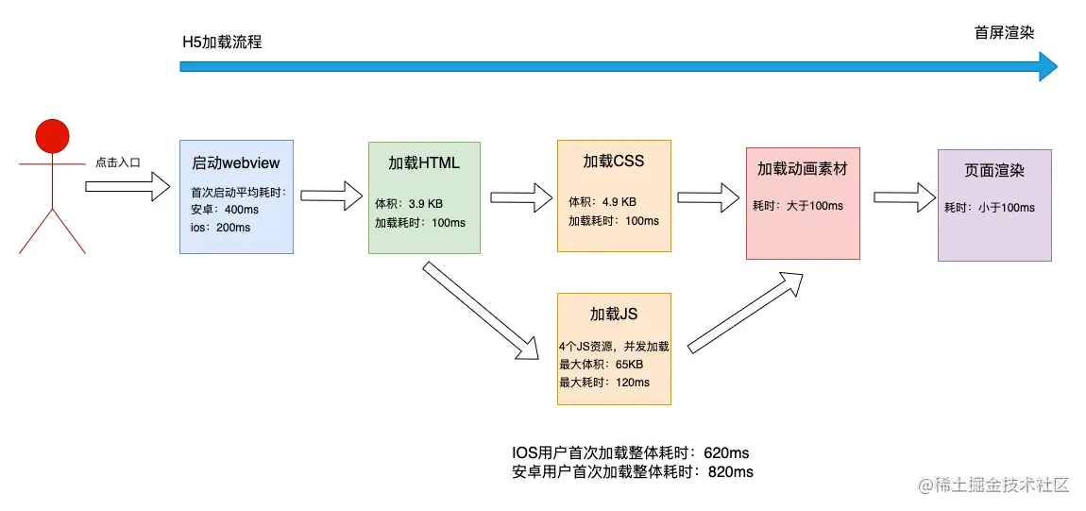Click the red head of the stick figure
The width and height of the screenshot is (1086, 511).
tap(52, 136)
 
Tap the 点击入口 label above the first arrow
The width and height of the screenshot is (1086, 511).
tap(118, 162)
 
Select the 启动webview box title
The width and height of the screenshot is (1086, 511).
tap(236, 162)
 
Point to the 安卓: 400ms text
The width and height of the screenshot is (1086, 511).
tap(225, 210)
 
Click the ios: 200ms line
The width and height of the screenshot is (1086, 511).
tap(220, 228)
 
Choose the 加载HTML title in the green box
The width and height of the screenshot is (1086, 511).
tap(424, 162)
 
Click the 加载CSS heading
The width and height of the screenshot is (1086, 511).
tap(614, 161)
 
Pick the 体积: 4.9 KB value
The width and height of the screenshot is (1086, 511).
tap(602, 202)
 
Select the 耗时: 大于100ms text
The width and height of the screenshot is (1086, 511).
tap(798, 206)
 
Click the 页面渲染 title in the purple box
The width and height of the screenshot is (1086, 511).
tap(994, 171)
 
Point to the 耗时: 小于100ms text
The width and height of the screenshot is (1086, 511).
tap(990, 208)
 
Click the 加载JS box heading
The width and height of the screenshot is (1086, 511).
tap(614, 315)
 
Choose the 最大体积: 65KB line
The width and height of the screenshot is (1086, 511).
tap(601, 365)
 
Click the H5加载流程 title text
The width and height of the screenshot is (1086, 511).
tap(222, 43)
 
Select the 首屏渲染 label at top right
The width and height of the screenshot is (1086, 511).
tap(1004, 33)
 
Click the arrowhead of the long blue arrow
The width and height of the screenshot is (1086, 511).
tap(1047, 66)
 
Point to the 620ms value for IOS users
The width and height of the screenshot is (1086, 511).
tap(726, 453)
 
